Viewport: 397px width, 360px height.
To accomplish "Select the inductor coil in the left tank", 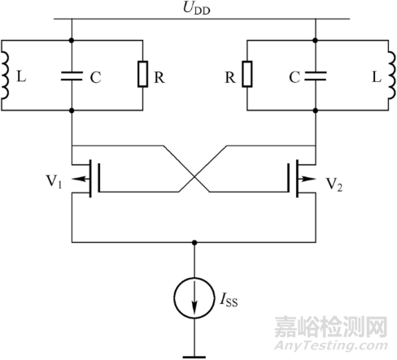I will tap(6, 76).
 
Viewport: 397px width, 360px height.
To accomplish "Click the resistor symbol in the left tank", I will tap(142, 76).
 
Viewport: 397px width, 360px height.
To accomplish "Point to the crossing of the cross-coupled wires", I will tap(194, 176).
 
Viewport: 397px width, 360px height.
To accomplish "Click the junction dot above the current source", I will tap(194, 242).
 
